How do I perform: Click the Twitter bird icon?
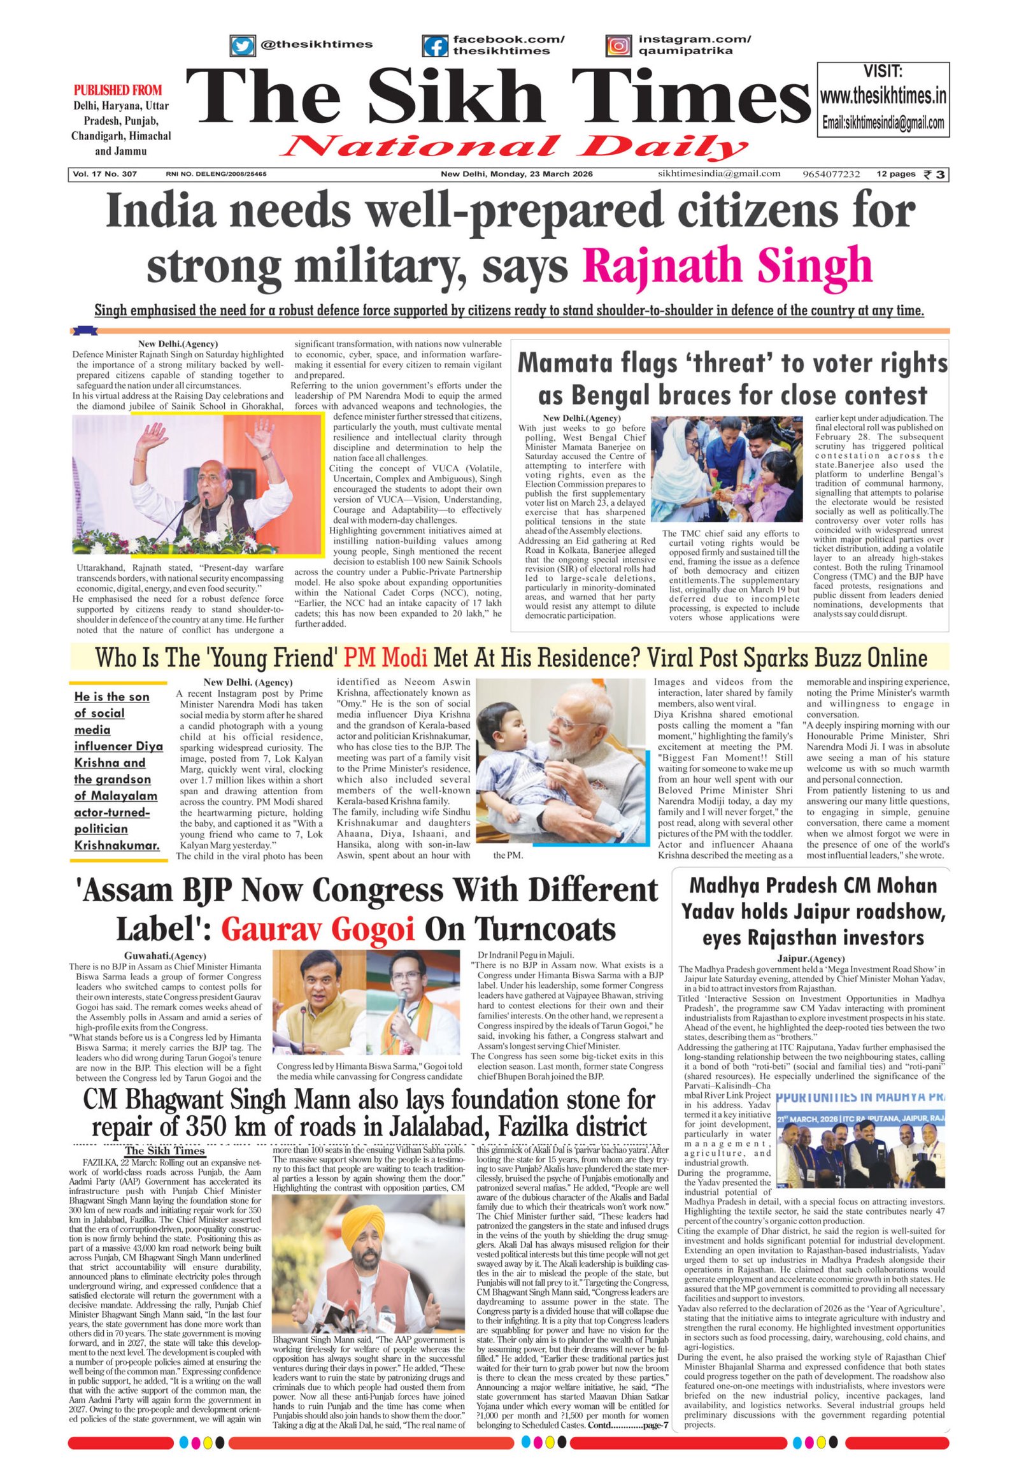[x=242, y=46]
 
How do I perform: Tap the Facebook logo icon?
[x=434, y=46]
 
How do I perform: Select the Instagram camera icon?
[x=618, y=46]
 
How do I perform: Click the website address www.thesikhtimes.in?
[x=883, y=97]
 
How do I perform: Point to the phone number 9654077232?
[x=831, y=175]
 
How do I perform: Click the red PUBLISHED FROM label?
[x=117, y=90]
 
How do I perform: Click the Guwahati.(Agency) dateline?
[x=165, y=956]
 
